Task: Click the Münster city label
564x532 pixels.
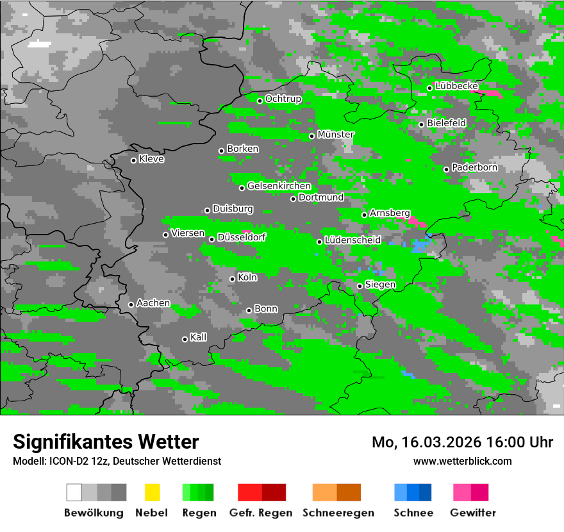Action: pos(336,135)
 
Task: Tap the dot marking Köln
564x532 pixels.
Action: pos(232,279)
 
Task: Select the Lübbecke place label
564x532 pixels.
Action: pos(457,86)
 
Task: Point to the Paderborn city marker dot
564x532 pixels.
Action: pos(446,169)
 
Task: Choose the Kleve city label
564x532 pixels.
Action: pos(152,159)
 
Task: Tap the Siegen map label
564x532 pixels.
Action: pos(380,285)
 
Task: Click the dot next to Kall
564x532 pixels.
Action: pos(185,339)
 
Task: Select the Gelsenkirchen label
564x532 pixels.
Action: pos(279,186)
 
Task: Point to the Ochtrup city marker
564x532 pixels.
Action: pos(260,101)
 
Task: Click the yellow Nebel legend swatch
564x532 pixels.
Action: pos(152,492)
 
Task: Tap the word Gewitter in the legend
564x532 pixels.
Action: pos(473,513)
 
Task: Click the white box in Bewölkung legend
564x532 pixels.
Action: pos(74,492)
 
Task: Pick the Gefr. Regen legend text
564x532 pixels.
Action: pos(261,513)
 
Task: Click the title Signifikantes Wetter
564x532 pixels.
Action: pos(106,442)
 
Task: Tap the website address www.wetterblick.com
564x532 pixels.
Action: pos(463,461)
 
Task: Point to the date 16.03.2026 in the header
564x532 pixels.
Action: pos(433,442)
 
